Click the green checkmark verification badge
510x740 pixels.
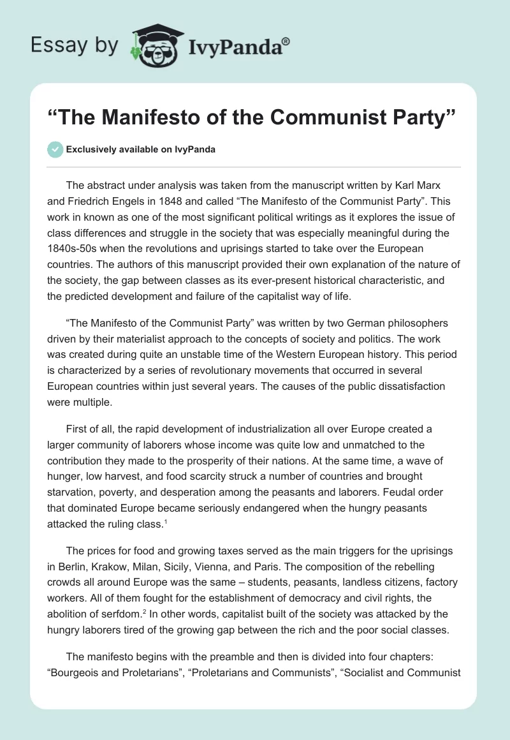[x=55, y=149]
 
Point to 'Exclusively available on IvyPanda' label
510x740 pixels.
[x=140, y=150]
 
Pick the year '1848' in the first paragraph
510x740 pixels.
[x=182, y=202]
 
